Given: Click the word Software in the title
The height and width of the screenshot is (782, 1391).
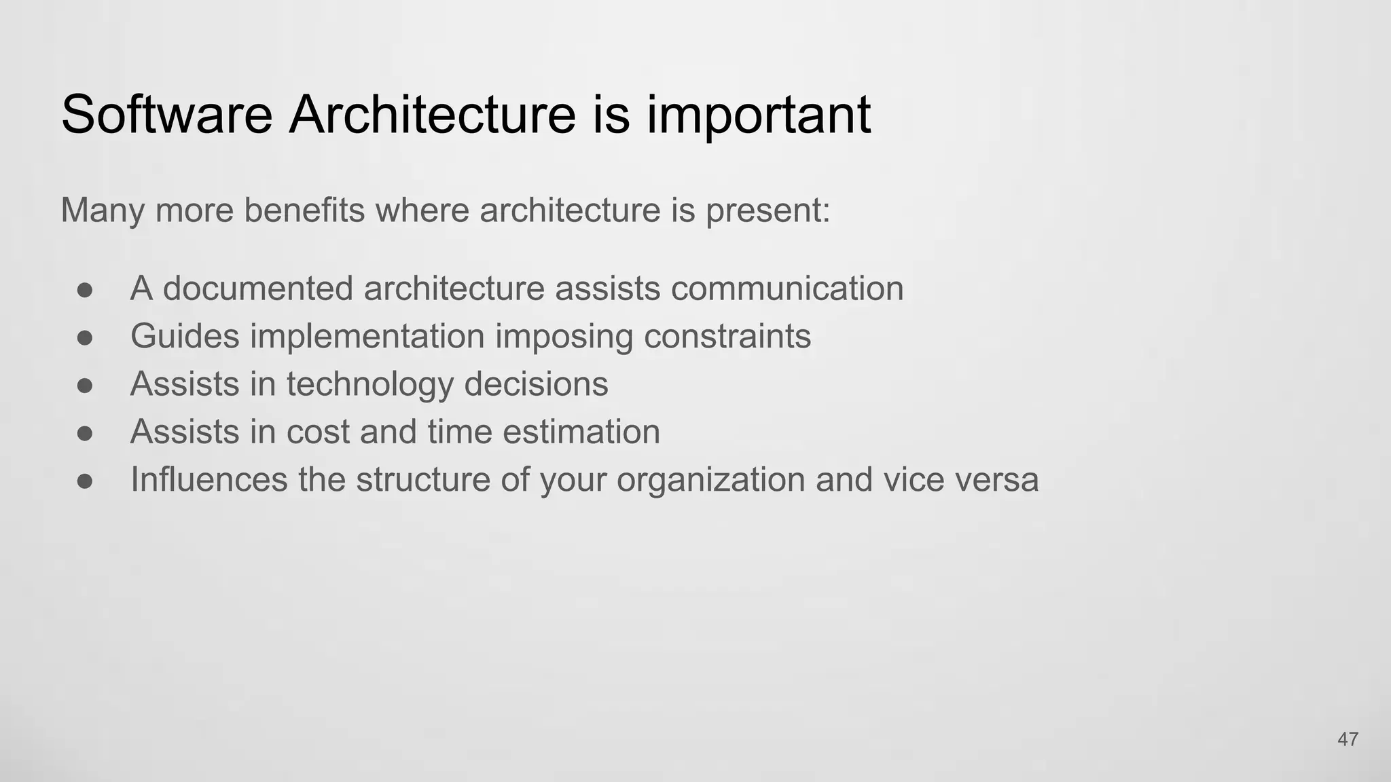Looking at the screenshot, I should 166,114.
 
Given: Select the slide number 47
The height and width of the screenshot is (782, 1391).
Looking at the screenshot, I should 1348,739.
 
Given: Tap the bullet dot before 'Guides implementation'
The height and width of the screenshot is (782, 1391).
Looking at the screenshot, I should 85,337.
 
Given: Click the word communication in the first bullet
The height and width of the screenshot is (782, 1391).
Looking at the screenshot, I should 787,288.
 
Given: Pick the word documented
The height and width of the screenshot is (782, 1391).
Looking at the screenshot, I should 258,288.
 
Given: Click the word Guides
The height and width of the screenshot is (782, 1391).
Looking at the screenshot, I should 185,337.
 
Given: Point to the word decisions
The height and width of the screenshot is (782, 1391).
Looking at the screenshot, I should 536,384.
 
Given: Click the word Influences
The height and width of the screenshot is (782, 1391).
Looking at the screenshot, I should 209,479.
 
